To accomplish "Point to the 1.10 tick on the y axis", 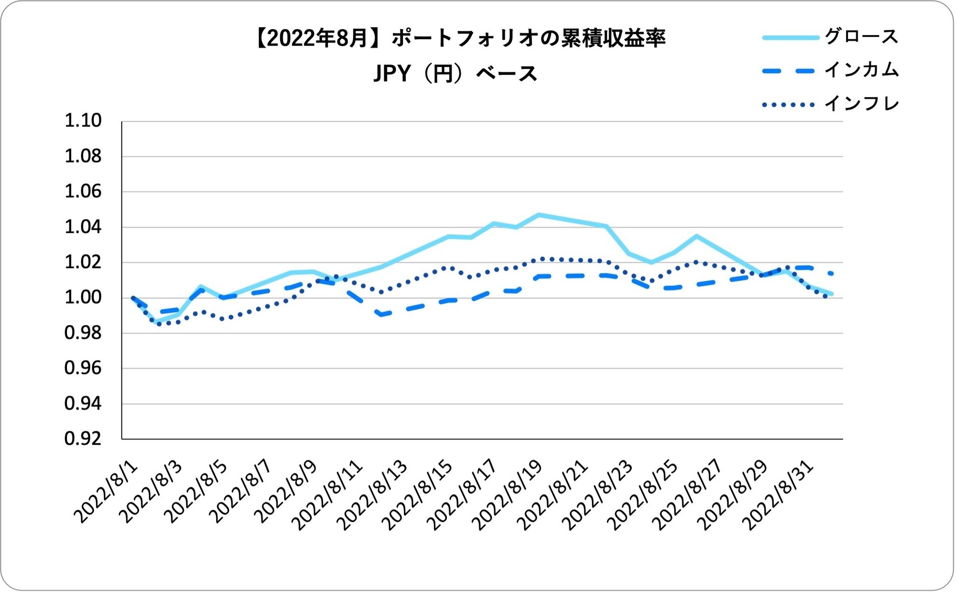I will click(x=83, y=121).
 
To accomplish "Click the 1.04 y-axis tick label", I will click(x=83, y=227).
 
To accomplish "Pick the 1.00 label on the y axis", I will click(x=83, y=298).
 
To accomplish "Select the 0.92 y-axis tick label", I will click(x=83, y=439).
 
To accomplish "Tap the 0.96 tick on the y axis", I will click(x=83, y=368).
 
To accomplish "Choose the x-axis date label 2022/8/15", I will click(x=419, y=495).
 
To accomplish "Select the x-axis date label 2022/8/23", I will click(x=599, y=495).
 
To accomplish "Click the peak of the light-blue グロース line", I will click(x=539, y=215).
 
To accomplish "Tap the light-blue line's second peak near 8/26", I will click(x=697, y=236).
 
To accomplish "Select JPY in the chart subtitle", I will click(x=392, y=74).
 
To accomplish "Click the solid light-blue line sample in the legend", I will click(x=790, y=37).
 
